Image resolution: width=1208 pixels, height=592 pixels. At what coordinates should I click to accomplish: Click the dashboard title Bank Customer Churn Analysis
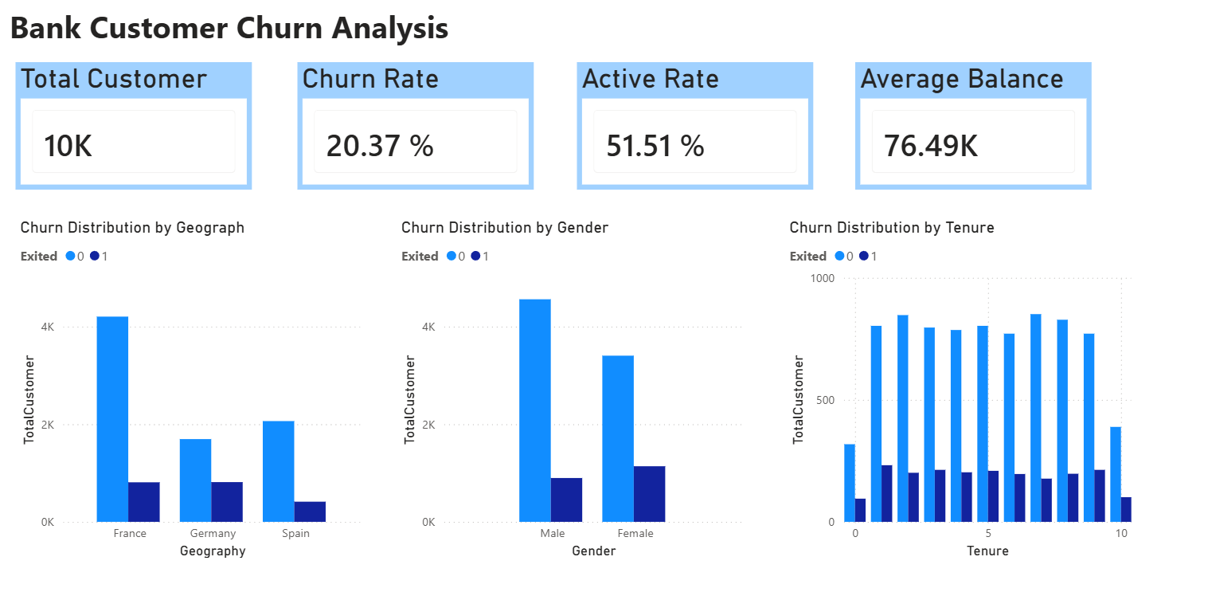229,29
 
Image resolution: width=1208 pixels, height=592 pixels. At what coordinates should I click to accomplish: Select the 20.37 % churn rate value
380,146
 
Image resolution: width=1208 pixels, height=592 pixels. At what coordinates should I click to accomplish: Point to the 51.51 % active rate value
655,146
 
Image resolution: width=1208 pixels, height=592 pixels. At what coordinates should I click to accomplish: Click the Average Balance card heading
962,79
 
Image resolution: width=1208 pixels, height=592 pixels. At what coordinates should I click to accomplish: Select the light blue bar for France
112,419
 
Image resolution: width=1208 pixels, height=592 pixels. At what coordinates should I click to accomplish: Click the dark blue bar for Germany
227,502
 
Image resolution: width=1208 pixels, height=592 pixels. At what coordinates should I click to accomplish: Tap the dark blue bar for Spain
310,512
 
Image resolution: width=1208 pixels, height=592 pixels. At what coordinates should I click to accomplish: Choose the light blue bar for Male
534,410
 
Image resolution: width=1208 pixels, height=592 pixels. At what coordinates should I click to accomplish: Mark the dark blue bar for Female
649,494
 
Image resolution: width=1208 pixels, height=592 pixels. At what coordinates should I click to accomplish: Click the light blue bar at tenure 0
850,483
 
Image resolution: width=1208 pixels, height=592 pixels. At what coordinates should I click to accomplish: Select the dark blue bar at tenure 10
1126,509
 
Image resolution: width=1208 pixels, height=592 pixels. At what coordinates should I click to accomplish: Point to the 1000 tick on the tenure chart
823,278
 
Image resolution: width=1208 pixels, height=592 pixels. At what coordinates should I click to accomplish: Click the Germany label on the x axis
213,533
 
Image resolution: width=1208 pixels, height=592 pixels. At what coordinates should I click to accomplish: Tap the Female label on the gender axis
635,533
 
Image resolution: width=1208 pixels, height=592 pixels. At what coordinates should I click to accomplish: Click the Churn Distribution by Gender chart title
504,228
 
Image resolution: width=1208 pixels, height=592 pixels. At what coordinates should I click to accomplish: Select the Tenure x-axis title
987,551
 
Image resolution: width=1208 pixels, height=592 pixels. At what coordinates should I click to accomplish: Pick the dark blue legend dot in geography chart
94,257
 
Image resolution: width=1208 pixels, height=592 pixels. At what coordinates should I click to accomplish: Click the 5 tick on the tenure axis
987,533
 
